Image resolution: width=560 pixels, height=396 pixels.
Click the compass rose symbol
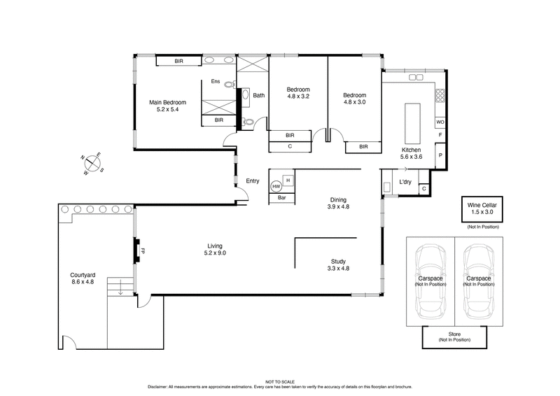coord(92,164)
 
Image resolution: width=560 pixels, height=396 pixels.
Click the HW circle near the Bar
coord(276,187)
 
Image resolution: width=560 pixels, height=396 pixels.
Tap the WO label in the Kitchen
coord(440,121)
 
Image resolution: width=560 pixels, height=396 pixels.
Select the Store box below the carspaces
coord(454,337)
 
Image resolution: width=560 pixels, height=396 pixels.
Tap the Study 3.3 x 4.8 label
coord(338,264)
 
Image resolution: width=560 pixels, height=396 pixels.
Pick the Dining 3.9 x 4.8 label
coord(338,203)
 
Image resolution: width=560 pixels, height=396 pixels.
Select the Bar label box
coord(282,198)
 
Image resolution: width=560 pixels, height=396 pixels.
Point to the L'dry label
coord(405,183)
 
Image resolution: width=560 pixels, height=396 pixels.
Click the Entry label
coord(253,181)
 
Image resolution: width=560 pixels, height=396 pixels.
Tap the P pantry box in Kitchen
coord(440,156)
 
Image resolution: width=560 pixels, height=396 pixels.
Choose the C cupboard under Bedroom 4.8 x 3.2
coord(290,146)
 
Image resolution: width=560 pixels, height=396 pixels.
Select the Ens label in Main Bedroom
coord(216,82)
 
